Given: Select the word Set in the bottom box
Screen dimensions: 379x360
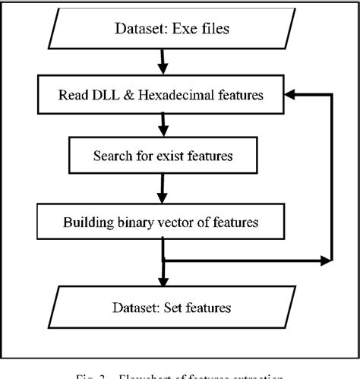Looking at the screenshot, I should tap(181, 308).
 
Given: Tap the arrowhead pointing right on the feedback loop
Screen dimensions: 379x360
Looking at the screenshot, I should tap(327, 261).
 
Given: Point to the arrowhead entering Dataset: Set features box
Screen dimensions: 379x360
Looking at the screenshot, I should tap(163, 281).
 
